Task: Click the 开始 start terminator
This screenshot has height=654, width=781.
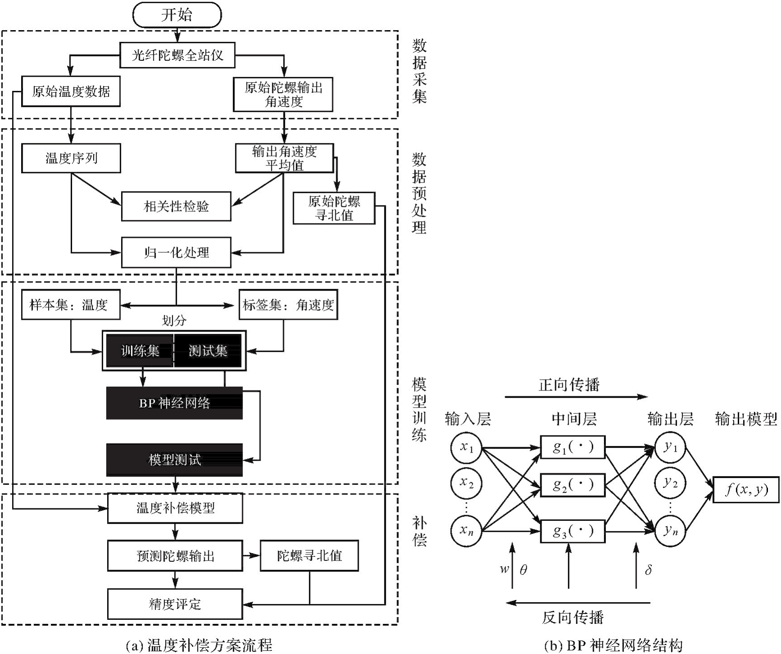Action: tap(177, 15)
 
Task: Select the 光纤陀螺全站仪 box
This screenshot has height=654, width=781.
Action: tap(177, 55)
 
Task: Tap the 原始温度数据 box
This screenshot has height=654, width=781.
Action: tap(71, 92)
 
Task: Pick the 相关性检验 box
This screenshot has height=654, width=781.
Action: tap(176, 206)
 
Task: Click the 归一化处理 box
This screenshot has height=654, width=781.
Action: tap(176, 253)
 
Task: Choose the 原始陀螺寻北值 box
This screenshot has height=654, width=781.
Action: tap(334, 208)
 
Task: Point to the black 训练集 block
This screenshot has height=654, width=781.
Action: tap(140, 351)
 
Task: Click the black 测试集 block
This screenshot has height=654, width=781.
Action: tap(208, 351)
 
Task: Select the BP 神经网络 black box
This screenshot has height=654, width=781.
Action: tap(174, 403)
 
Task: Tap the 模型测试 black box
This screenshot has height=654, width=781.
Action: tap(174, 460)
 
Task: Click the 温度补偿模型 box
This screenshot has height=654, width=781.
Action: tap(175, 508)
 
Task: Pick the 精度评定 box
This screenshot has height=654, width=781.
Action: tap(175, 604)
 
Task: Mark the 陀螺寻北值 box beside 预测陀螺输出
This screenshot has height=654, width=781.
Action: tap(309, 556)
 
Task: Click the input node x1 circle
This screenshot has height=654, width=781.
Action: tap(466, 448)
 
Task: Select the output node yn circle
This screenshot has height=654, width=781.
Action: tap(670, 531)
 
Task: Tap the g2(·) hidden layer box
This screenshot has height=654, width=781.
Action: tap(573, 485)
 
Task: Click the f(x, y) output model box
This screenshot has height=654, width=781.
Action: tap(746, 489)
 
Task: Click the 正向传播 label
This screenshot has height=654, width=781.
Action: tap(569, 385)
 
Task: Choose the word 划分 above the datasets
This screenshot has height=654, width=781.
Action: tap(174, 321)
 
